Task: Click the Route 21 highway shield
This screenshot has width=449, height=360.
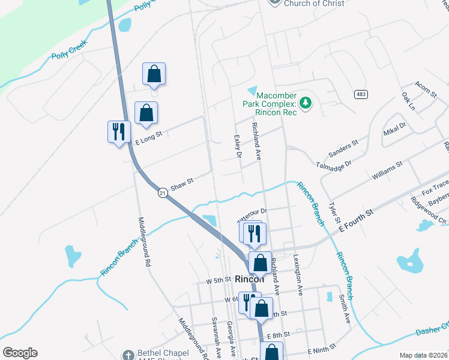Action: pos(162,193)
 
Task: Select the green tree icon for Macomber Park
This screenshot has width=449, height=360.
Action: pos(306,103)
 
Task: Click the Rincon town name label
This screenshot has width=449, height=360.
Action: pos(250,279)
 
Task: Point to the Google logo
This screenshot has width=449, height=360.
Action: pos(20,352)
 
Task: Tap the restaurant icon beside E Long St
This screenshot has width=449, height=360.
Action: pos(118,131)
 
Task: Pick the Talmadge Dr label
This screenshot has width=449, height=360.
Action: pos(333,160)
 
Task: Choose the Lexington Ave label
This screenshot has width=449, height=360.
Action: pos(298,274)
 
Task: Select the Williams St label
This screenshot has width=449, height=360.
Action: pos(386,169)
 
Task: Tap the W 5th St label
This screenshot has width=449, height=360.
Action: pos(218,280)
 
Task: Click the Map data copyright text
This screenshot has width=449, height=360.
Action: pos(423,355)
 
